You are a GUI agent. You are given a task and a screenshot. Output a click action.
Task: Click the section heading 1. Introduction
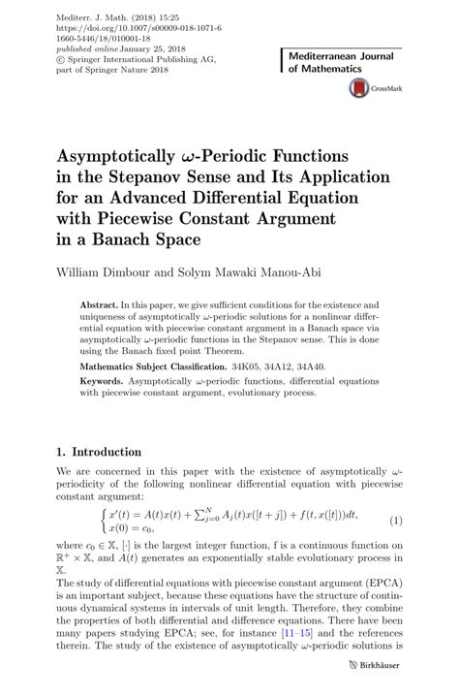pos(100,453)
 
